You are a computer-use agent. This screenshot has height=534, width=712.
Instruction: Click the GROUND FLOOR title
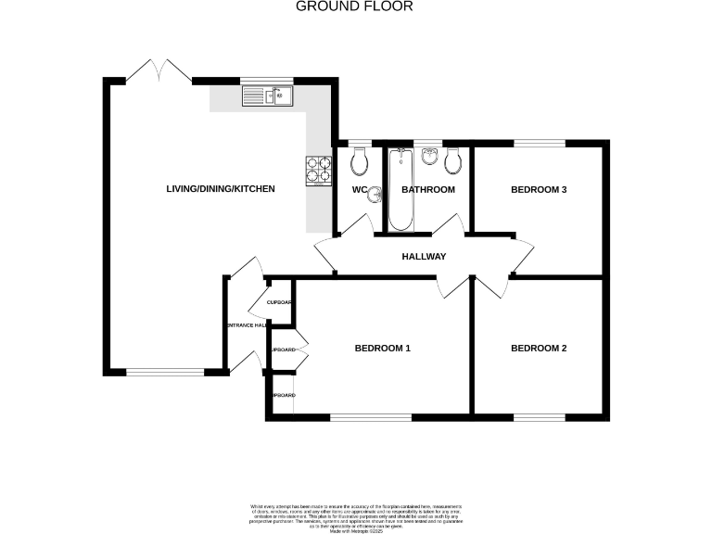(354, 6)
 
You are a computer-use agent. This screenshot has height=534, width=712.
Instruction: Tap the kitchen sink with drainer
(268, 95)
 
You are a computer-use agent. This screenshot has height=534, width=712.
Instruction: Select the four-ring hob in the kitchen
(319, 169)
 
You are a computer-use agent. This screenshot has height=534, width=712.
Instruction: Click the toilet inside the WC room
(360, 163)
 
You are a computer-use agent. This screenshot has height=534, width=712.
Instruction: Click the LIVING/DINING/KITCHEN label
(221, 189)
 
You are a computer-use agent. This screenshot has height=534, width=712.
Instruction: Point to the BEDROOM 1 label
(382, 349)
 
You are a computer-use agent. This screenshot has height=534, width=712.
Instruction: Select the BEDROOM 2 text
(539, 349)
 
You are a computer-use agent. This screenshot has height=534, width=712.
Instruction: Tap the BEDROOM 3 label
(539, 190)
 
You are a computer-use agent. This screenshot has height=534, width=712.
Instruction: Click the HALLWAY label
(424, 257)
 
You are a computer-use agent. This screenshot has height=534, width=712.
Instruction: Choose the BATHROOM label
(428, 190)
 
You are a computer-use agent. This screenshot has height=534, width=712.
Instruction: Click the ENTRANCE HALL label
(247, 325)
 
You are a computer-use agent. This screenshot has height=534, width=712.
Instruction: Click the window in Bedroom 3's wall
(540, 143)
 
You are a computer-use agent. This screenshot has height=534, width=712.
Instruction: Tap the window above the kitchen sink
(267, 82)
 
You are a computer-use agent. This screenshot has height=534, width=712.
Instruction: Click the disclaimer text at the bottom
(356, 515)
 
